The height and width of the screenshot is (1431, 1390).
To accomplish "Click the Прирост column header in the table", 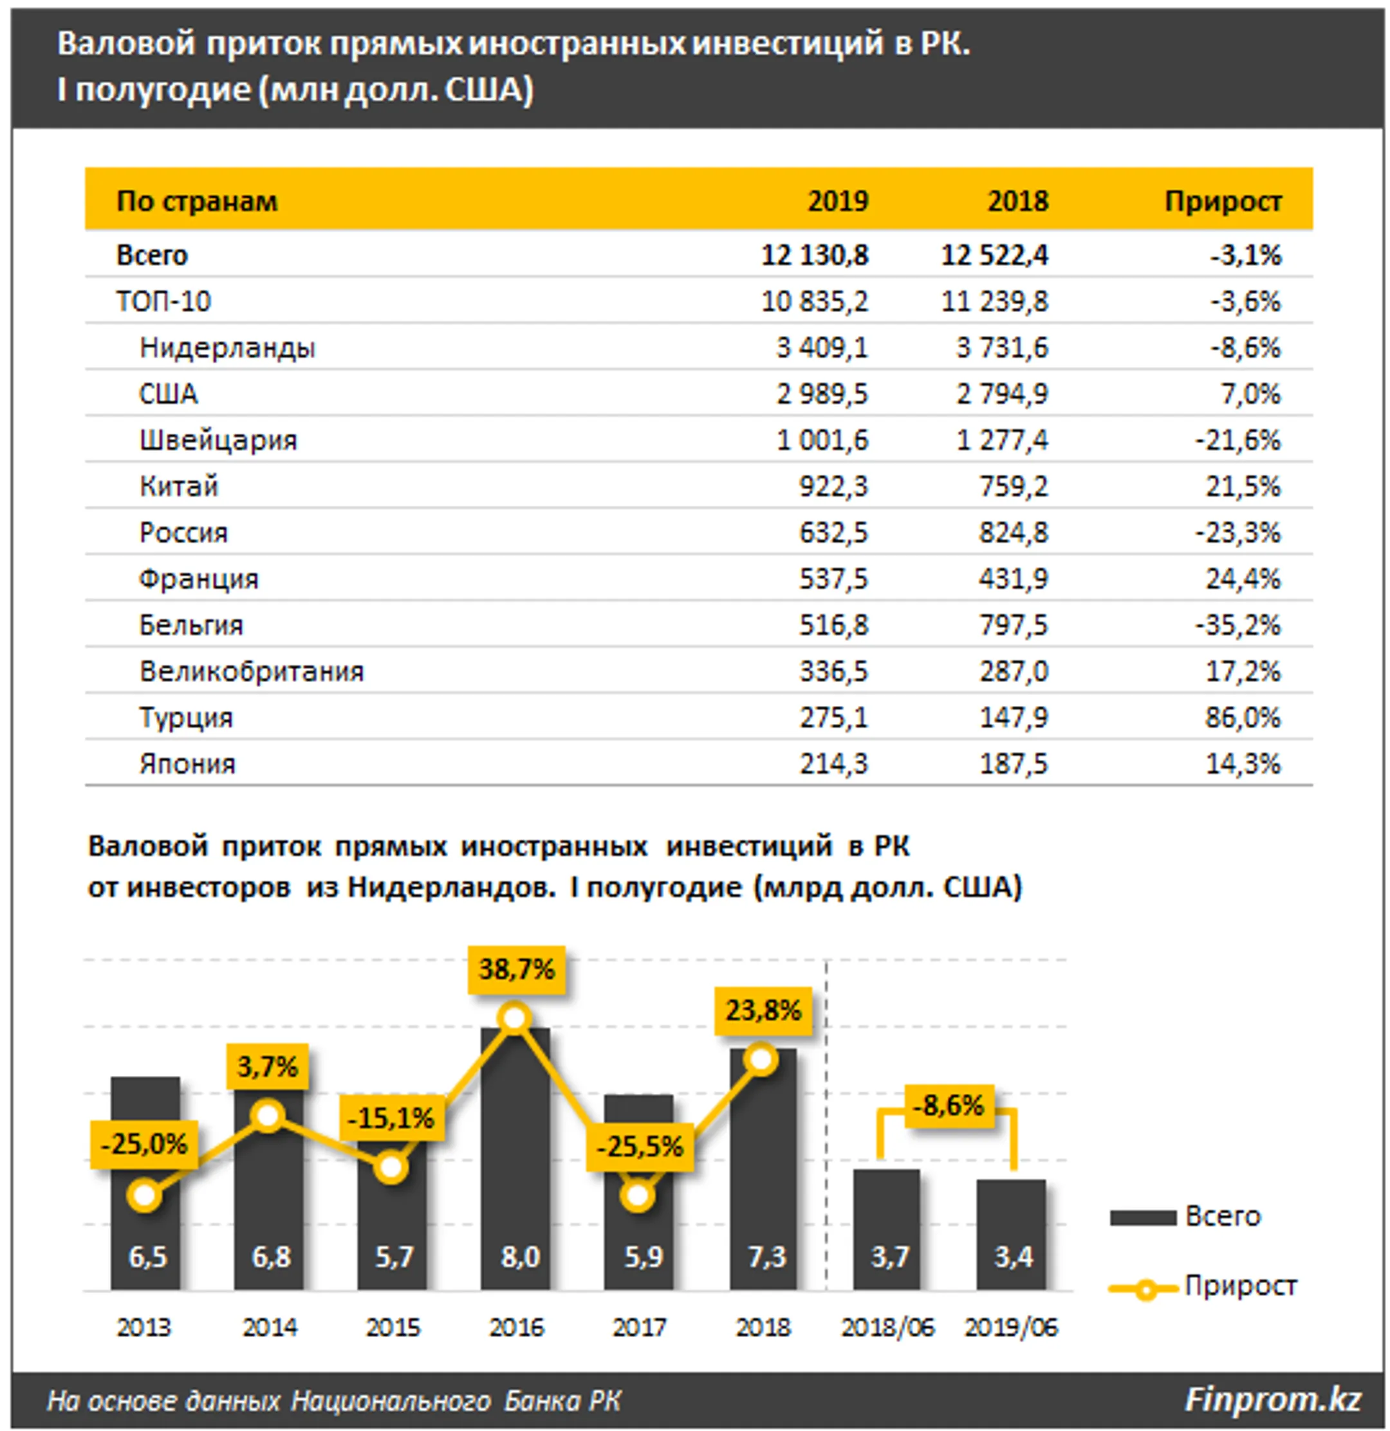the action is [x=1223, y=201].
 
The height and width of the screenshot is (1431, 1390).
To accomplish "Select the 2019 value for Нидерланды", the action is [x=822, y=347].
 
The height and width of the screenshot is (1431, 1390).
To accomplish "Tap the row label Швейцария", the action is [x=218, y=440].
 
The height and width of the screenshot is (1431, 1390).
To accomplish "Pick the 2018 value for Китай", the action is [x=1014, y=486].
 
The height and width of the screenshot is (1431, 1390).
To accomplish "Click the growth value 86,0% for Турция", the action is [x=1243, y=717].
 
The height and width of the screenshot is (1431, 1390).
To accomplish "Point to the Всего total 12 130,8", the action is [x=815, y=255].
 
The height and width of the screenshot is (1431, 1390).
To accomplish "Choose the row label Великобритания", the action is [x=252, y=672].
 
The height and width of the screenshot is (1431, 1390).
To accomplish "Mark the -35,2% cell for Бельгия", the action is [x=1237, y=625].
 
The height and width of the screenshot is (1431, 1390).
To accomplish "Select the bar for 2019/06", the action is [x=1011, y=1235].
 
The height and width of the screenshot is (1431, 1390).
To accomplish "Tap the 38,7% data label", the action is [x=517, y=970].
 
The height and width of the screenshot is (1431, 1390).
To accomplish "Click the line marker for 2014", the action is [x=268, y=1116].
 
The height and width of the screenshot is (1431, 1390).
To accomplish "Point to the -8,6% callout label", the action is [x=949, y=1106].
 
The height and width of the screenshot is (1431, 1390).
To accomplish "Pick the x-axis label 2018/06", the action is [x=887, y=1327].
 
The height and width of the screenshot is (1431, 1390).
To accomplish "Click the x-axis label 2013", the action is [x=144, y=1327].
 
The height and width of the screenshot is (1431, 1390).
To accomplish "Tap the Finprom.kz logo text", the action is [x=1273, y=1399].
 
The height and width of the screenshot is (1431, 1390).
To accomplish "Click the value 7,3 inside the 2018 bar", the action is [x=766, y=1257].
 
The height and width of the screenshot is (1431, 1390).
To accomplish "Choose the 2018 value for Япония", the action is [x=1014, y=764].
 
